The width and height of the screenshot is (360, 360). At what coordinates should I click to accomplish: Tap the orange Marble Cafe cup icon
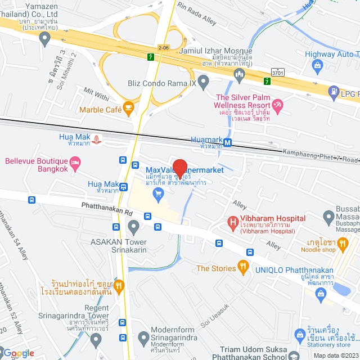[x=128, y=107]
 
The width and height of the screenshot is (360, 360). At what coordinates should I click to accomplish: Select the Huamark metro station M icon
[x=228, y=143]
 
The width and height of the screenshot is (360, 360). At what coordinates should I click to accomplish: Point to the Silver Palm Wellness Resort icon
[x=277, y=104]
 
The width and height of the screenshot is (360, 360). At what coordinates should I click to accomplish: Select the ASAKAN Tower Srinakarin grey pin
[x=133, y=227]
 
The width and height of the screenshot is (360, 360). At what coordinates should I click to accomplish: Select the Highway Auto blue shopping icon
[x=318, y=66]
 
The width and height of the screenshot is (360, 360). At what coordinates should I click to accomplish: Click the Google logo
[x=19, y=353]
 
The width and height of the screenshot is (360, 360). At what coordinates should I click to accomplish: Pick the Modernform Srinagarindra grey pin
[x=143, y=337]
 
